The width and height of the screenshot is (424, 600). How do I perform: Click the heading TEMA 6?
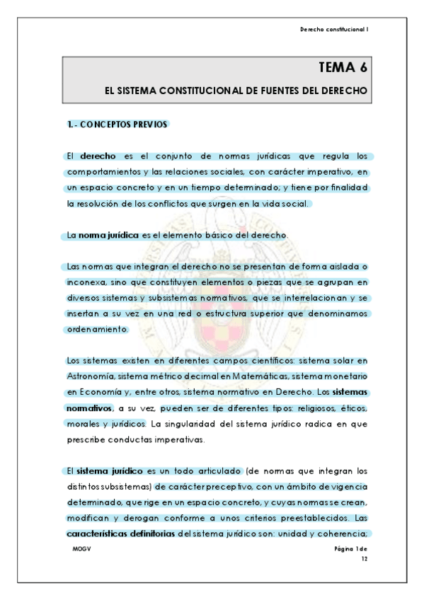click(343, 69)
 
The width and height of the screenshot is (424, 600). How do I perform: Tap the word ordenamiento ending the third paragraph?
click(98, 328)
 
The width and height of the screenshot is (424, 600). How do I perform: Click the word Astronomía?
click(91, 376)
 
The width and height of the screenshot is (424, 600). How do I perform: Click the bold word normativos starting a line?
click(89, 408)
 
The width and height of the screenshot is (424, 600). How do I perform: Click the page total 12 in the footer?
click(364, 558)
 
